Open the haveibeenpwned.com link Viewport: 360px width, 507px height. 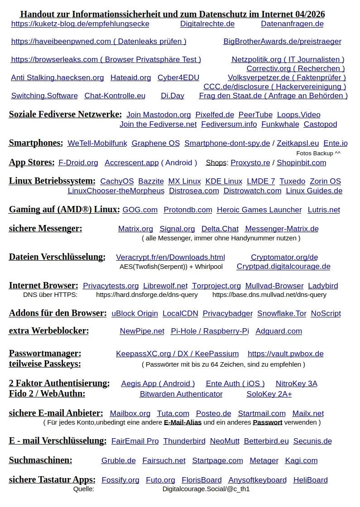tap(98, 42)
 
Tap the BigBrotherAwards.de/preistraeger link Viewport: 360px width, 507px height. tap(282, 42)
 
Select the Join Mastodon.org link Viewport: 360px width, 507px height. tap(158, 115)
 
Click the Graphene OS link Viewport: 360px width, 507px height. tap(155, 143)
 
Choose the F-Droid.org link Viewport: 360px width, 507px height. tap(78, 163)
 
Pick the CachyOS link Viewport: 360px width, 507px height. tap(117, 182)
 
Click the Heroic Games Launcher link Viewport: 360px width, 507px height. tap(259, 210)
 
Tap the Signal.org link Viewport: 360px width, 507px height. tap(177, 229)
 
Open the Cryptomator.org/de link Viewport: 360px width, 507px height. tap(284, 258)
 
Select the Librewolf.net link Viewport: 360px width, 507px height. tap(165, 286)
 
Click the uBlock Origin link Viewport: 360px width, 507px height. tap(134, 314)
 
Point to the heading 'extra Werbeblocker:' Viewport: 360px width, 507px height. tap(49, 331)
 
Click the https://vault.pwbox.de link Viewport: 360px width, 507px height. tap(285, 354)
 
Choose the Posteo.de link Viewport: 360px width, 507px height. tap(213, 414)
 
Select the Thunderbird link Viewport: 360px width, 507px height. tap(184, 441)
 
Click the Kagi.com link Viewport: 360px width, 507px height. tap(301, 461)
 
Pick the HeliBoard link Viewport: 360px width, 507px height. tap(310, 480)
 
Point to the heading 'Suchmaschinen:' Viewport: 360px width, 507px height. tap(40, 460)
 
